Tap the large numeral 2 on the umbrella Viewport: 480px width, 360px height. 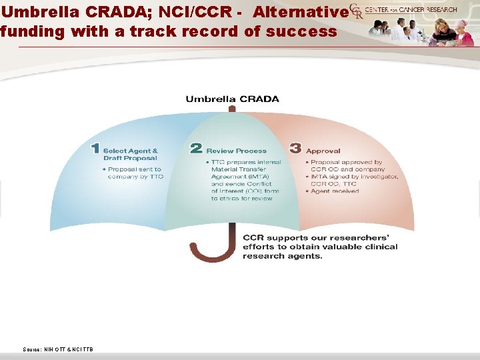(196, 149)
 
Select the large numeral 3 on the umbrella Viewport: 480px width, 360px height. (295, 149)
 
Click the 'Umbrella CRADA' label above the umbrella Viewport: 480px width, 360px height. (232, 99)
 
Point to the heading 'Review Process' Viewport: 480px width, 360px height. (236, 151)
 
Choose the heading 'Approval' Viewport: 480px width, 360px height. (323, 151)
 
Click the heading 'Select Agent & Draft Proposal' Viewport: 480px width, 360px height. (131, 155)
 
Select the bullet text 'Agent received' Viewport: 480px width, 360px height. (335, 191)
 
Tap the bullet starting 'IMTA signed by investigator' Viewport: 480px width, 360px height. (354, 180)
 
